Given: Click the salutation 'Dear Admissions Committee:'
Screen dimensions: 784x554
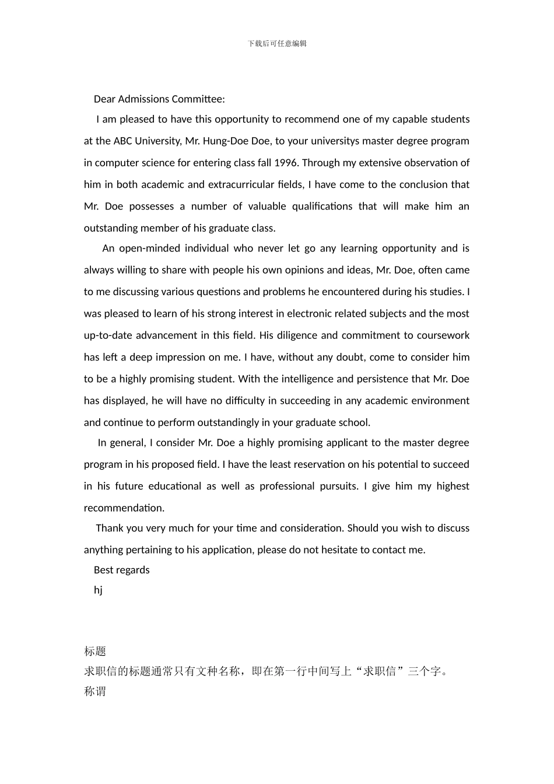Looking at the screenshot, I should pos(159,99).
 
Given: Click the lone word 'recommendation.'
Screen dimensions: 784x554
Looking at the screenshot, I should pos(124,508).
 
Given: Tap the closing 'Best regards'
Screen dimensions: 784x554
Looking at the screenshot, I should pos(121,570).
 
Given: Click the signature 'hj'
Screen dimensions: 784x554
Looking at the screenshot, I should pos(98,590).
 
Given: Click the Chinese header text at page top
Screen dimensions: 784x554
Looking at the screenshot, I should pos(277,44).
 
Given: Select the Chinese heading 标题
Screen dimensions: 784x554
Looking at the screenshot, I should pos(95,652).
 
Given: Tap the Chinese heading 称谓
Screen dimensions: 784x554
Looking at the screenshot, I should pos(95,692).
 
